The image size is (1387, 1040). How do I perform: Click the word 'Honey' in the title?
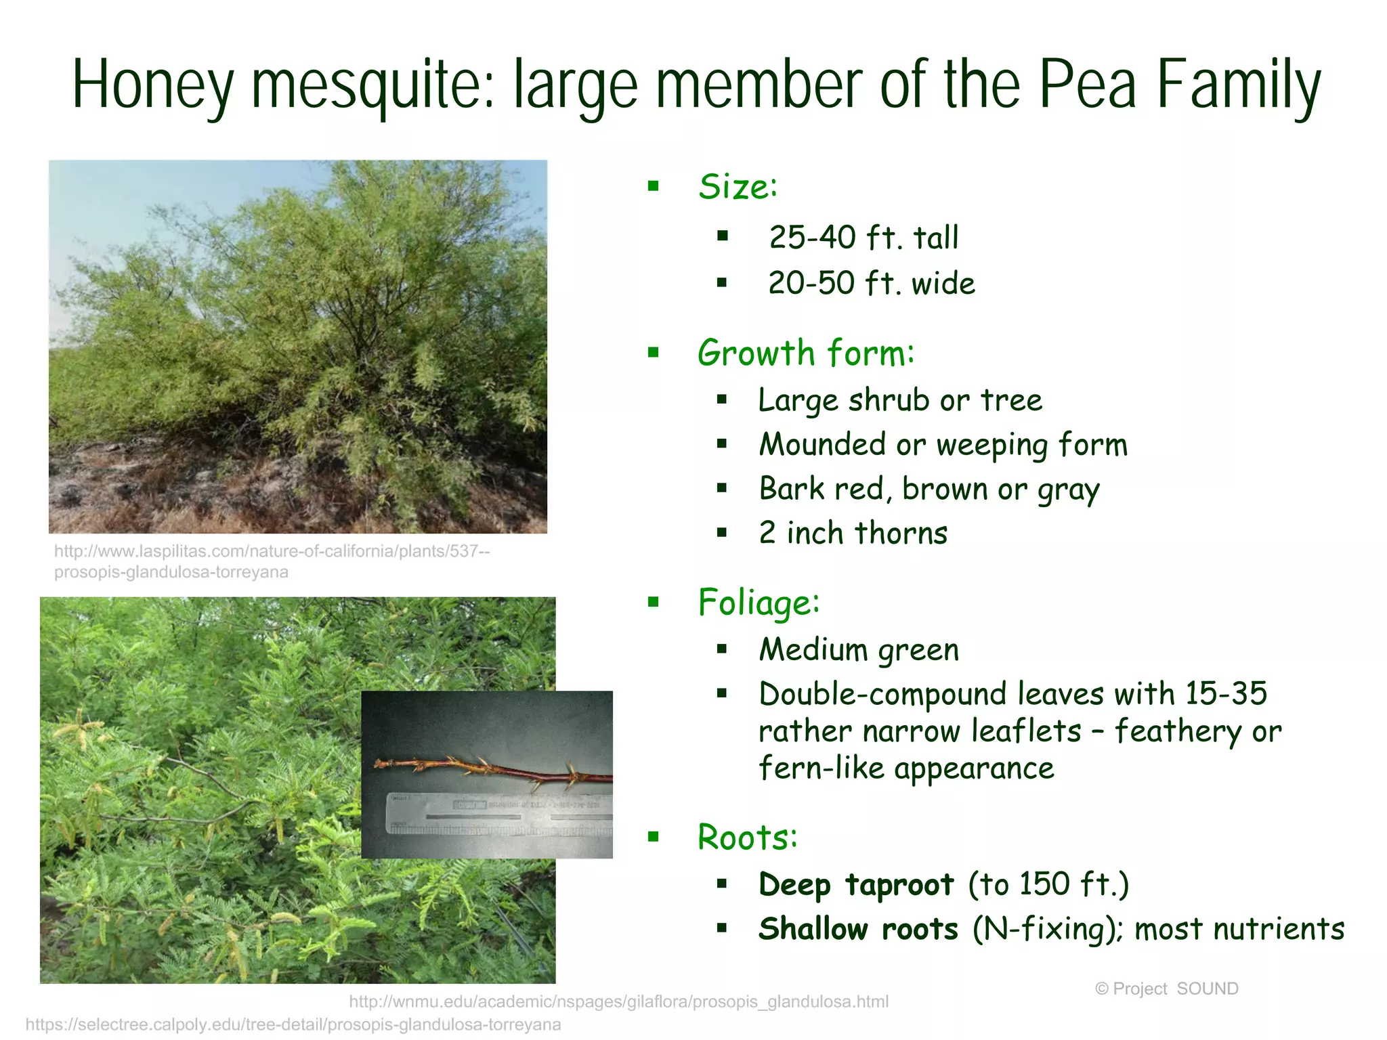(x=152, y=85)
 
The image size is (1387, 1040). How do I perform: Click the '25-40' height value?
(x=812, y=238)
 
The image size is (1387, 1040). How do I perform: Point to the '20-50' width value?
(x=811, y=283)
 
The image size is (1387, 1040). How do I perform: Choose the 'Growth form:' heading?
(x=806, y=353)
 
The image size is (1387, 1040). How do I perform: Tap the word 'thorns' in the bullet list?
(x=901, y=533)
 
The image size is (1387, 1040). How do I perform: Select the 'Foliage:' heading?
(x=759, y=603)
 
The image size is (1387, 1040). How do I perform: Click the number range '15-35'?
(x=1226, y=693)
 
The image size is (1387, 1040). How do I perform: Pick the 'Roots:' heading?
(x=748, y=837)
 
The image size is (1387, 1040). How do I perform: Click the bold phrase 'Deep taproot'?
(x=856, y=884)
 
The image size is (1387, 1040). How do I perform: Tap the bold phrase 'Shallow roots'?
(x=858, y=929)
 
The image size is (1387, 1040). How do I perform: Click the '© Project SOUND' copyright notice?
(x=1166, y=989)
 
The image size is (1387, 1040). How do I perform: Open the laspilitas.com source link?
(x=271, y=561)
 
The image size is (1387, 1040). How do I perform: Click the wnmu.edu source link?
(x=618, y=1001)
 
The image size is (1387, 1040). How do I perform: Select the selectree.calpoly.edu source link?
(x=293, y=1024)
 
